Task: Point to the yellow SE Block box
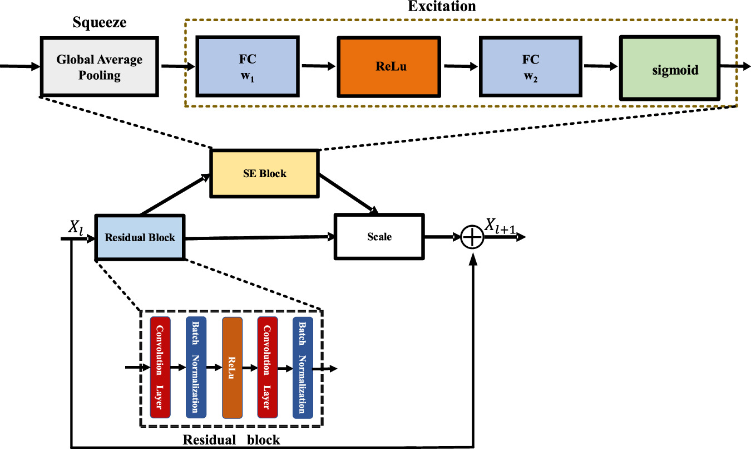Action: (264, 173)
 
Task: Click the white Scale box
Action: (379, 237)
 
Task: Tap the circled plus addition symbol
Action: (472, 238)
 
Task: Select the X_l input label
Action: (76, 228)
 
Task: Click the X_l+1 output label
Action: (504, 226)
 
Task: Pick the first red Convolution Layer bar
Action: (160, 367)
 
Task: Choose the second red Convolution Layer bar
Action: (268, 367)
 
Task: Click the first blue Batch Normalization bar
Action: (196, 367)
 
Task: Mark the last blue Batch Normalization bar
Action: (303, 367)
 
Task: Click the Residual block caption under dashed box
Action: (231, 440)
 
